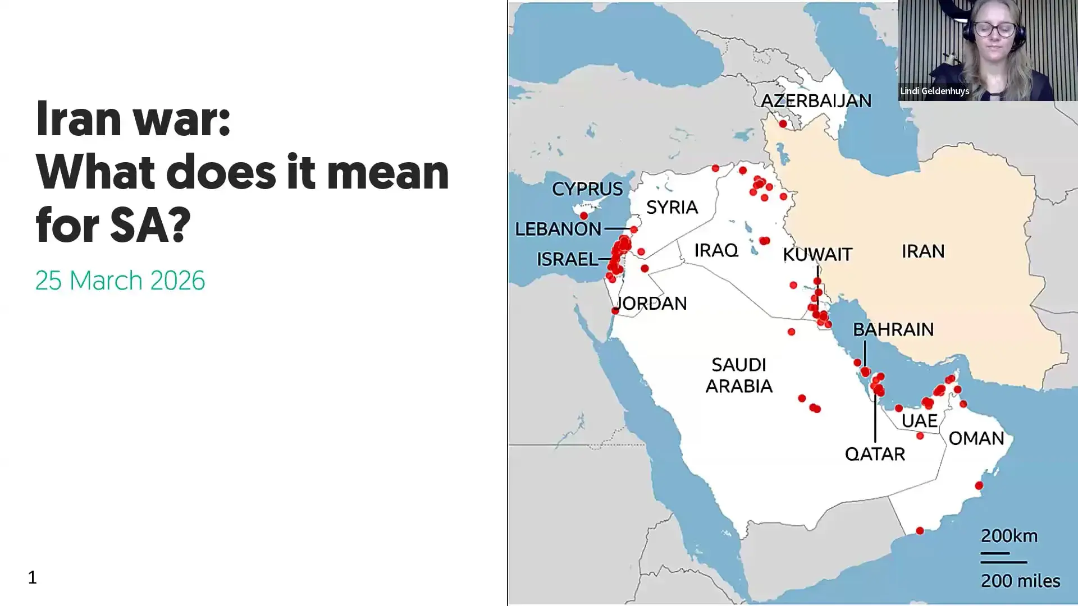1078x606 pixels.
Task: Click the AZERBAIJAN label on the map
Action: (x=816, y=101)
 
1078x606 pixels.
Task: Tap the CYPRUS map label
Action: (x=587, y=189)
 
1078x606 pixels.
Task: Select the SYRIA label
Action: (x=672, y=208)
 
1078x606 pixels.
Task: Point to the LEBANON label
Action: (x=558, y=229)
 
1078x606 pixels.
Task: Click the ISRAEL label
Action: (x=567, y=259)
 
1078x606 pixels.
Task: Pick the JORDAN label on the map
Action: (x=652, y=304)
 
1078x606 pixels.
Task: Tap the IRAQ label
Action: (x=716, y=250)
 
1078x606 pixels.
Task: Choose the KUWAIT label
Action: (x=817, y=255)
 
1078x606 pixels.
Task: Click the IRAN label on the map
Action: (x=923, y=251)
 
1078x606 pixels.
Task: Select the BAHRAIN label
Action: (x=893, y=329)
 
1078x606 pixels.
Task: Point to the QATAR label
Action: (x=875, y=454)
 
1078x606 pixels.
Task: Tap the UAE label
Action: (x=920, y=421)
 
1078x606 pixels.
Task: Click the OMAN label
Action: (x=976, y=438)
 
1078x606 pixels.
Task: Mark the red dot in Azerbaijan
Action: (x=783, y=123)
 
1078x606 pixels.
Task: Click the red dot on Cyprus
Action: (x=584, y=215)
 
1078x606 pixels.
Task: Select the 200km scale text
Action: (x=1009, y=536)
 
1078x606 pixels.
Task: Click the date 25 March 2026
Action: (x=120, y=281)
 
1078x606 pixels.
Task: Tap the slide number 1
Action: (x=33, y=577)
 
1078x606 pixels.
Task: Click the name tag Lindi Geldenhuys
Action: (x=934, y=91)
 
